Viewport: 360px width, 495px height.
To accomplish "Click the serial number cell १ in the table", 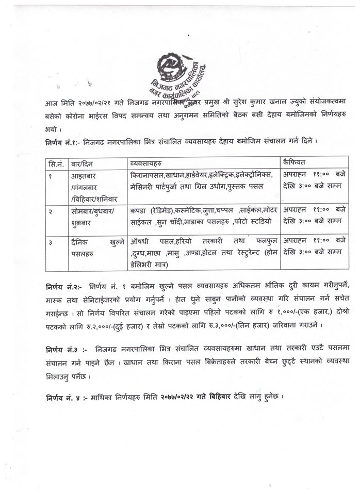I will (50, 175).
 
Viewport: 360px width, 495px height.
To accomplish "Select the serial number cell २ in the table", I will (50, 211).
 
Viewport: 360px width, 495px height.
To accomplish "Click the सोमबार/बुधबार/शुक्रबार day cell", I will (93, 217).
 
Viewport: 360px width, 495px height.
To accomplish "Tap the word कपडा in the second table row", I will (139, 211).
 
